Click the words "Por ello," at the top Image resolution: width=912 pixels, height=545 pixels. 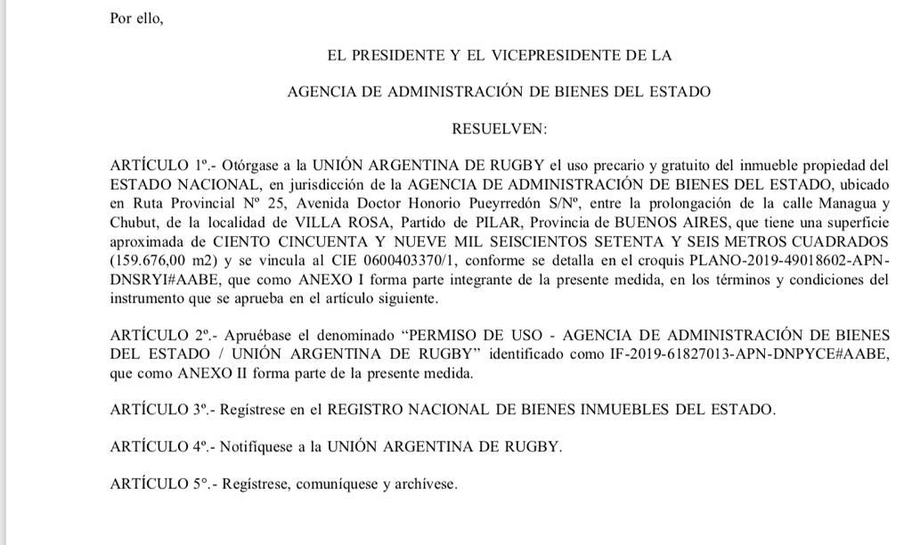coord(136,18)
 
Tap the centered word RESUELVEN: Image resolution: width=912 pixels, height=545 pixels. coord(500,128)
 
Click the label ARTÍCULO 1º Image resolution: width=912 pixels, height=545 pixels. coord(157,166)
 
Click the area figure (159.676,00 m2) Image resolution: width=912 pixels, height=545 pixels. coord(166,262)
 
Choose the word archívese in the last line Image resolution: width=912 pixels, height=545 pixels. coord(427,484)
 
